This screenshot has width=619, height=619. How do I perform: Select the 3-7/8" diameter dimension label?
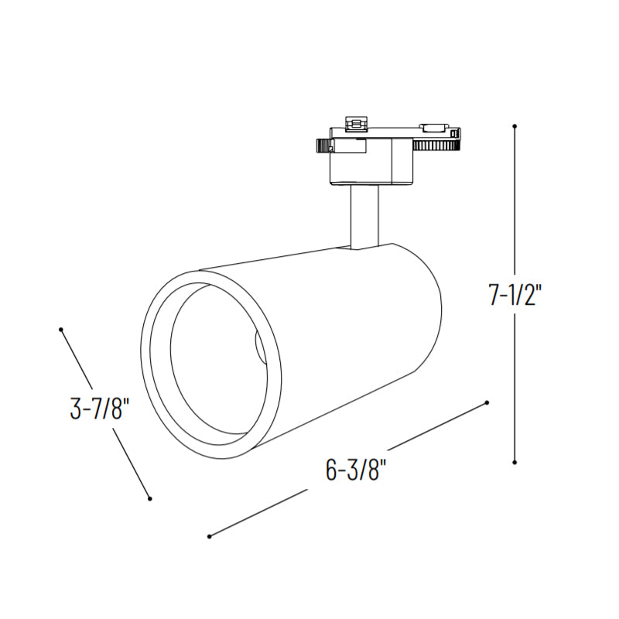coord(100,409)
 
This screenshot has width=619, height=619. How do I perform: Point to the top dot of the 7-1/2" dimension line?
coord(515,126)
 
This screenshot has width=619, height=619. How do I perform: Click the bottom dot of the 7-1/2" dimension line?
coord(515,462)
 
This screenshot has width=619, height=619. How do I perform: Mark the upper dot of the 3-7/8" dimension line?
coord(61,330)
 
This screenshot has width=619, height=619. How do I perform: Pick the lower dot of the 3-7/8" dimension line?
coord(149,499)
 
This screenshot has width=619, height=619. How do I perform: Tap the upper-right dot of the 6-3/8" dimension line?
coord(487,402)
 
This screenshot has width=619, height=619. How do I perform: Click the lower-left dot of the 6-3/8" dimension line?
coord(209,536)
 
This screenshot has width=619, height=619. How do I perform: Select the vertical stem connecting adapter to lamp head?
coord(364,217)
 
